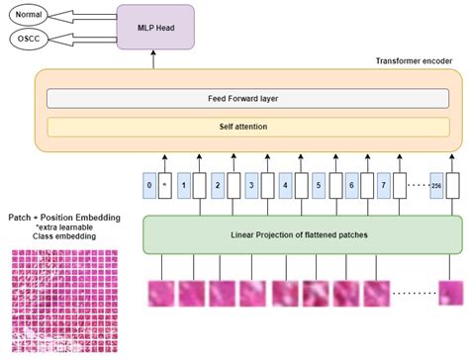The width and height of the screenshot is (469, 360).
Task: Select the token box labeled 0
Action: [148, 184]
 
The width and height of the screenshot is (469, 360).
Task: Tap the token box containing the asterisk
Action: [164, 184]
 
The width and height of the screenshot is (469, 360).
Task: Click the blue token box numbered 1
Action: [183, 184]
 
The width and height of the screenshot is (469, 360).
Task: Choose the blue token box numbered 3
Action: [252, 184]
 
